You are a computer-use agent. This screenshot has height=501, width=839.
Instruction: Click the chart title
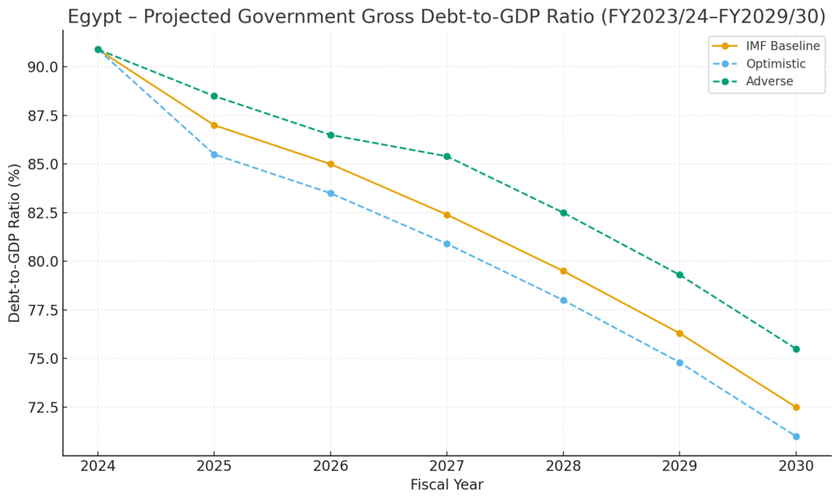point(447,16)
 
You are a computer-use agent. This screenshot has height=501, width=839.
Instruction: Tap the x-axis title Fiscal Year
point(447,485)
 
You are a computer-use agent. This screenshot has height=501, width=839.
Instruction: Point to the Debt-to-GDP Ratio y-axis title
point(15,243)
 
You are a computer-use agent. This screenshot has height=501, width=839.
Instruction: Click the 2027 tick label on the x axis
point(447,465)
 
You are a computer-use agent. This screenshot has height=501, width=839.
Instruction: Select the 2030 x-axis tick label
point(796,465)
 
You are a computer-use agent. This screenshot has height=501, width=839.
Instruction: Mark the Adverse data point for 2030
point(796,349)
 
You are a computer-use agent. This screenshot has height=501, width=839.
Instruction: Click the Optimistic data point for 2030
point(796,436)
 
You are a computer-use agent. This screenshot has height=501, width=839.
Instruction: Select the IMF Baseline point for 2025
point(214,125)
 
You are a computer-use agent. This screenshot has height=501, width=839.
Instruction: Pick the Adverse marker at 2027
point(447,157)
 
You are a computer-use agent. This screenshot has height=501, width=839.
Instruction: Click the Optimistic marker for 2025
point(214,154)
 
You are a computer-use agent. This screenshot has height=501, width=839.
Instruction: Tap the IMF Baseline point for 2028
point(563,271)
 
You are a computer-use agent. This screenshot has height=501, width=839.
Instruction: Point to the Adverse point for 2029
point(679,275)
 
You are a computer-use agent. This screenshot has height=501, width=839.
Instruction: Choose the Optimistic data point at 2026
point(330,194)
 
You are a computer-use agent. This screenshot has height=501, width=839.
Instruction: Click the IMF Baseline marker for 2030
point(796,408)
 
